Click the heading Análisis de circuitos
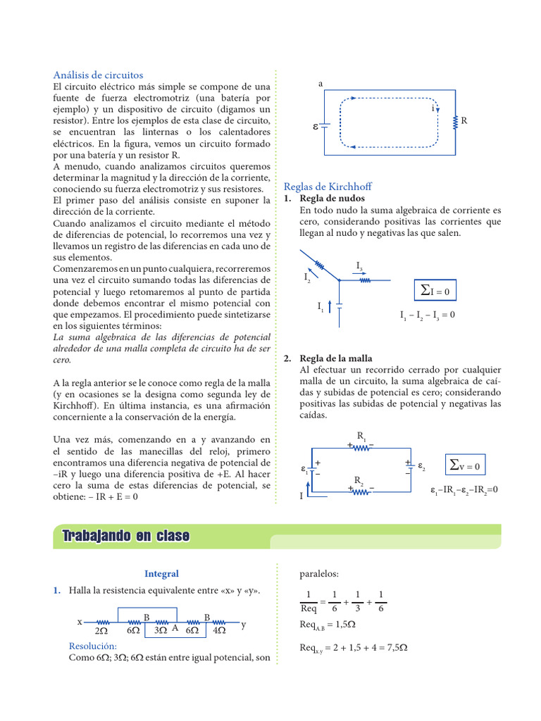99,75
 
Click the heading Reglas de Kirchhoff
328,187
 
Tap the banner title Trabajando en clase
126,536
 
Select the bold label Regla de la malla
336,358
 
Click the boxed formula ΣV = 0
465,465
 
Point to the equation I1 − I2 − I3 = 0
427,315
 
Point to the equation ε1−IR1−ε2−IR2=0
464,489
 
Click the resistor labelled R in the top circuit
456,121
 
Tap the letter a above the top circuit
321,84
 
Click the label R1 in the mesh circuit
361,437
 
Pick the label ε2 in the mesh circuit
421,466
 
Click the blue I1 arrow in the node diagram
330,306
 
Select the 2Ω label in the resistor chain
100,632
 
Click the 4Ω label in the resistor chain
218,632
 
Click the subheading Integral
161,574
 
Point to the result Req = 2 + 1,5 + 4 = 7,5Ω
354,647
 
